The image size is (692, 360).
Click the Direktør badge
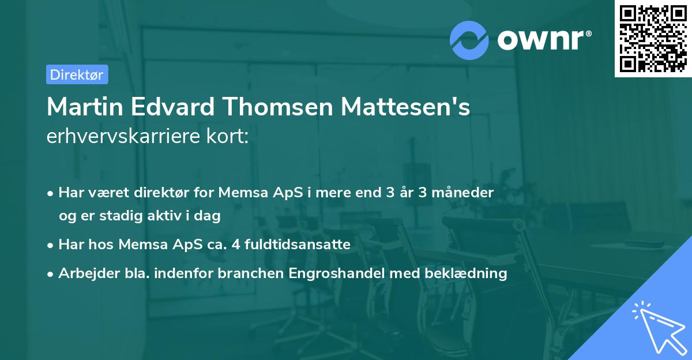click(77, 74)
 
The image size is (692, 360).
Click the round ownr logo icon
click(469, 40)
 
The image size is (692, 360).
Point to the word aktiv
click(164, 216)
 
